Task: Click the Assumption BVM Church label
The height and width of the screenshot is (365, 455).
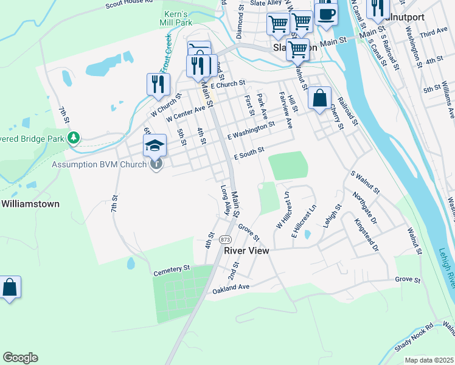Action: [100, 164]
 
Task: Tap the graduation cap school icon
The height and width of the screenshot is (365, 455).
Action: [155, 146]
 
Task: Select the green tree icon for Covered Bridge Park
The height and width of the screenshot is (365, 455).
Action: [74, 139]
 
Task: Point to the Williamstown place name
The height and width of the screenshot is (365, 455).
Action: [30, 204]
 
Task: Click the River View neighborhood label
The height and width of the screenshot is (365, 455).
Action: [246, 251]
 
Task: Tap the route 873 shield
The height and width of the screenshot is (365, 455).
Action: [225, 238]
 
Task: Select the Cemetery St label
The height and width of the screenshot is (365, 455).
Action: [172, 268]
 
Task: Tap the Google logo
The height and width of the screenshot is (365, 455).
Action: [20, 358]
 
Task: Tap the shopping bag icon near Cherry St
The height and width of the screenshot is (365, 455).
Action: [319, 98]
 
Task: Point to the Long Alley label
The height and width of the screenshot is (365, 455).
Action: [226, 201]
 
